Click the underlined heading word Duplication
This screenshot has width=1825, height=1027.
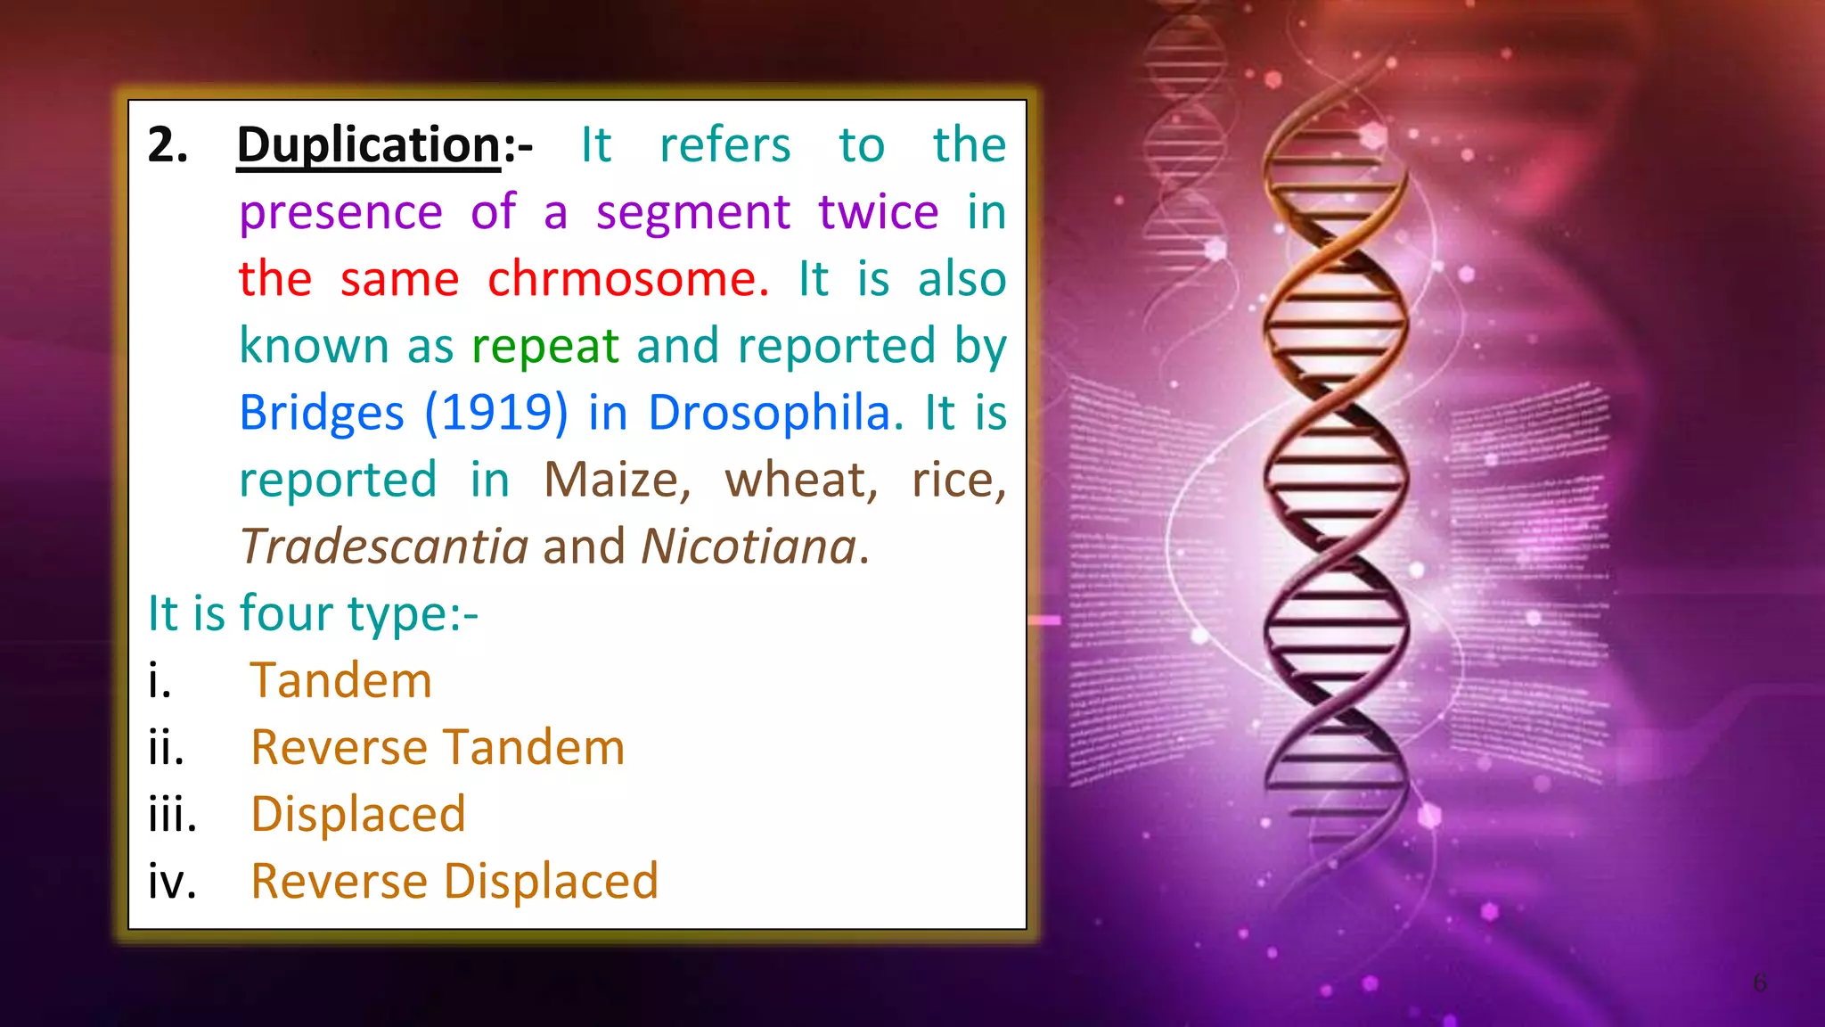[369, 144]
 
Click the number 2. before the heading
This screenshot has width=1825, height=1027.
[168, 144]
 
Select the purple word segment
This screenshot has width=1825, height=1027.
[692, 212]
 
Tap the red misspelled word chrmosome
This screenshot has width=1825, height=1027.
[627, 279]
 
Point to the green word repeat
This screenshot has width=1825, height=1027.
[544, 346]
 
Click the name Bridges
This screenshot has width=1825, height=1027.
[322, 413]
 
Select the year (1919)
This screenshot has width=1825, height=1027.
[495, 413]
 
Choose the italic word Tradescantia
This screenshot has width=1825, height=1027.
[384, 546]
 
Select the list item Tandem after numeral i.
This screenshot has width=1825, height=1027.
[340, 680]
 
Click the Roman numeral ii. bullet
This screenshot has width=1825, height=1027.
[166, 747]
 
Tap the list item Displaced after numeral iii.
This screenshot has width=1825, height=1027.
[358, 814]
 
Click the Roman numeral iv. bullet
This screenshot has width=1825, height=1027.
[172, 881]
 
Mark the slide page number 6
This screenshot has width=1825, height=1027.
[1760, 982]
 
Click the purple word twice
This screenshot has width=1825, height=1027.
[878, 212]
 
